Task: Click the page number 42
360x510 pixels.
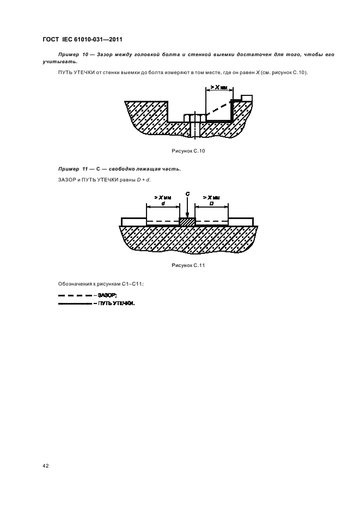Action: tap(46, 466)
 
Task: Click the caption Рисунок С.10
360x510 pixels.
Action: tap(188, 151)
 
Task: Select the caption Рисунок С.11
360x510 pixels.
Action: tap(188, 265)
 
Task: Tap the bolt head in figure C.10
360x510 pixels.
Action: tap(194, 118)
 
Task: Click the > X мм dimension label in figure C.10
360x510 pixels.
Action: tap(218, 87)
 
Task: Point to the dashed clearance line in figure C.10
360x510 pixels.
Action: tap(217, 108)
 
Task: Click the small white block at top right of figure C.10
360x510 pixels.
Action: tap(247, 98)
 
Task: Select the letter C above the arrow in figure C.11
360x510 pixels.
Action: tap(188, 194)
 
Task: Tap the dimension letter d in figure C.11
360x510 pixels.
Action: tap(163, 203)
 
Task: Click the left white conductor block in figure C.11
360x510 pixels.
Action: tap(133, 222)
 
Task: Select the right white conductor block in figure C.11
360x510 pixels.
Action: tap(241, 222)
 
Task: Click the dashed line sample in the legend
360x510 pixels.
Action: tap(75, 295)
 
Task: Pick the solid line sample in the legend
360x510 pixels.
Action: tap(75, 304)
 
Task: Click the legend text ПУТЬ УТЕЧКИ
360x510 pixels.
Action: tap(116, 304)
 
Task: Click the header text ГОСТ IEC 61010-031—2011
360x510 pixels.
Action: tap(83, 40)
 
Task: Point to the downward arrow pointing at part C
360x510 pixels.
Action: tap(187, 208)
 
